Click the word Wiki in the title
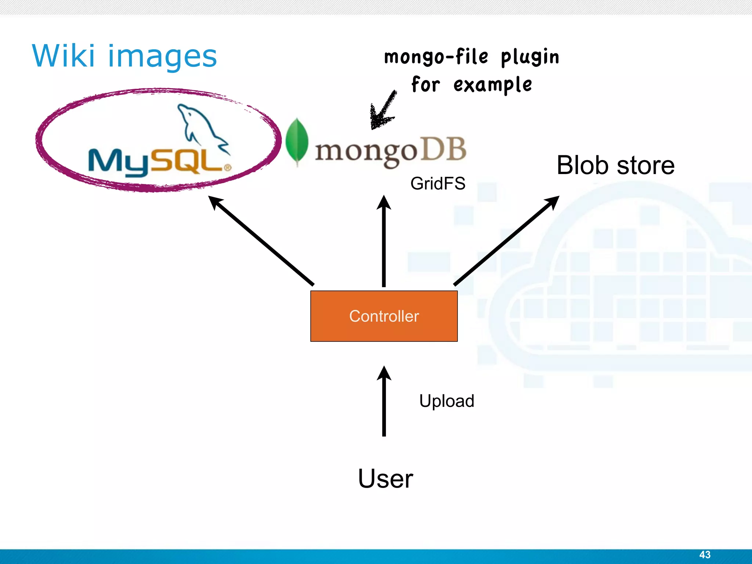click(63, 56)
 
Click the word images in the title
click(162, 57)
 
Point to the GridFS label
click(438, 184)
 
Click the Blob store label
click(615, 165)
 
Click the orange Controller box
click(384, 316)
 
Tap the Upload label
click(446, 401)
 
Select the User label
click(385, 479)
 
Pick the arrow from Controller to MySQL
click(261, 241)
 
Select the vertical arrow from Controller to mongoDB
click(384, 242)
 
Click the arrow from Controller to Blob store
click(507, 241)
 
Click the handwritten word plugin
click(530, 57)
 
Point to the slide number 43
click(705, 554)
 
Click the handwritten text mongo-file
click(436, 57)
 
